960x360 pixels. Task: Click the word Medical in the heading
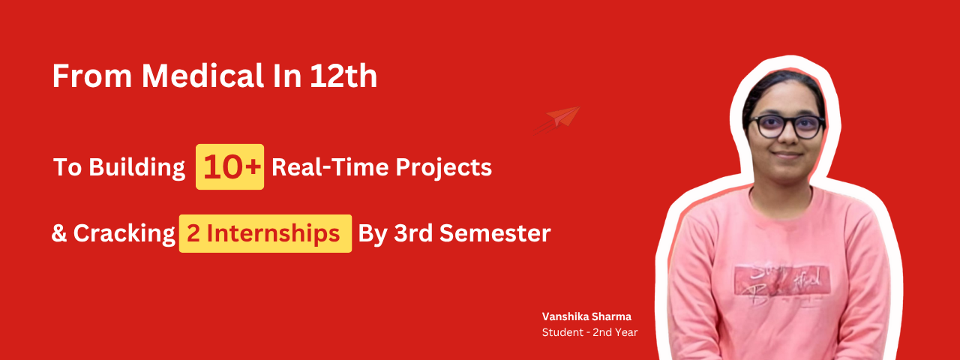coord(202,76)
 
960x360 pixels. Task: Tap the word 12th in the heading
coord(343,76)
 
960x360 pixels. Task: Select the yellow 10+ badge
coord(229,166)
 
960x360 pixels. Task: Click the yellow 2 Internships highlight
coord(265,233)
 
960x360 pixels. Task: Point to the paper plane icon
coord(557,120)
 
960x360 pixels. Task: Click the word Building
coord(136,167)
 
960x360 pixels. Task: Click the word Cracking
coord(124,234)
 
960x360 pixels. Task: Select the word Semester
coord(495,233)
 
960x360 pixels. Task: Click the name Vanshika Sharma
coord(586,316)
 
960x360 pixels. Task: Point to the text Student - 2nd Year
coord(589,332)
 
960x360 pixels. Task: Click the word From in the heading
coord(92,76)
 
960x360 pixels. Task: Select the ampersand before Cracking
coord(59,233)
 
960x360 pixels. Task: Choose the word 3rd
coord(413,233)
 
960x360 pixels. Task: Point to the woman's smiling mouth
coord(787,154)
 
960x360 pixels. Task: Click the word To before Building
coord(67,167)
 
